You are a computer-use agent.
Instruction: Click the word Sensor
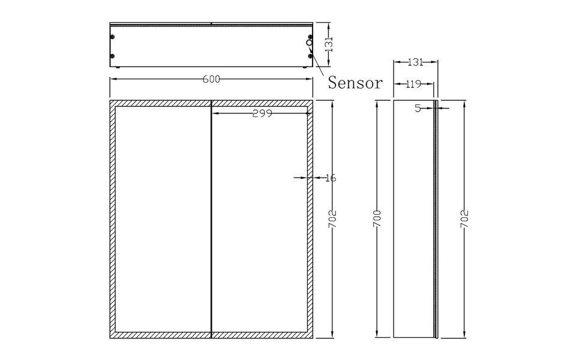click(355, 83)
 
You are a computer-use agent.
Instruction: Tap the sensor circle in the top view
click(309, 43)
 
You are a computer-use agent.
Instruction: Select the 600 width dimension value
click(211, 79)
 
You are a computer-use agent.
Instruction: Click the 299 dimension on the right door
click(262, 113)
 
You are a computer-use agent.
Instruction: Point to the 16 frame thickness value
click(329, 178)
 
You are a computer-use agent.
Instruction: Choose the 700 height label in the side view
click(376, 220)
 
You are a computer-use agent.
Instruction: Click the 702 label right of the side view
click(464, 220)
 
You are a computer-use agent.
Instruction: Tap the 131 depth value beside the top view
click(328, 44)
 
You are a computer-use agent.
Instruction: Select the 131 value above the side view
click(415, 62)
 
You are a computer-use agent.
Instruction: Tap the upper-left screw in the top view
click(112, 37)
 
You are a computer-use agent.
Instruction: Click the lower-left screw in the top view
click(112, 57)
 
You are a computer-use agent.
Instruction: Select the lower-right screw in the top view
click(310, 57)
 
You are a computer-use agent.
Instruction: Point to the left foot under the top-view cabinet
click(119, 68)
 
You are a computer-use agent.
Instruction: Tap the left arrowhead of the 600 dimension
click(112, 79)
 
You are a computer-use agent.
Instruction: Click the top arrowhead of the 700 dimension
click(376, 103)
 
